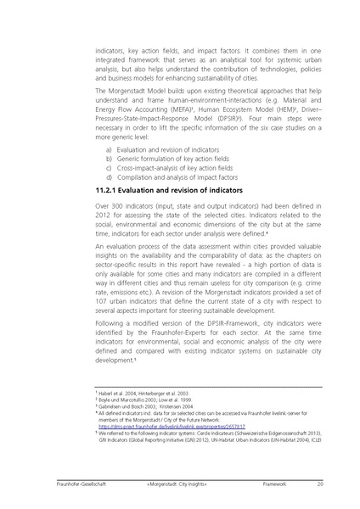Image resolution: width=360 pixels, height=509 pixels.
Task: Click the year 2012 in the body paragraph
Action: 104,216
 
